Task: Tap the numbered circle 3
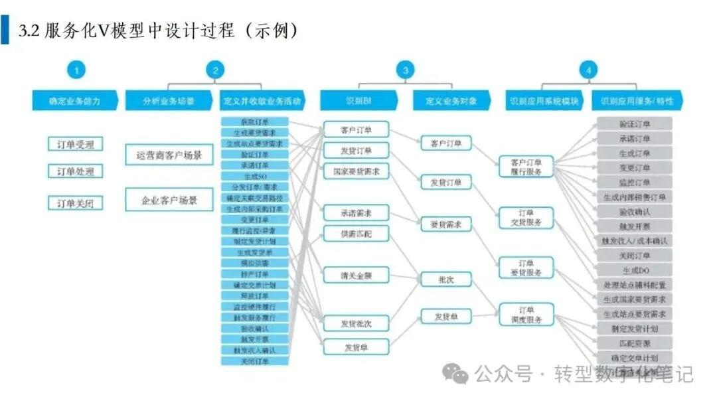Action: (x=404, y=70)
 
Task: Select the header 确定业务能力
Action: (x=75, y=101)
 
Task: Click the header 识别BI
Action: (x=358, y=101)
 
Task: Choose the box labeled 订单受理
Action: (x=76, y=144)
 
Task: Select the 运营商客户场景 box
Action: (x=169, y=155)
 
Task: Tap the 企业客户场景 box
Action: (x=169, y=199)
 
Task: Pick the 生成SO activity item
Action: (x=255, y=176)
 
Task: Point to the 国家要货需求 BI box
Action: (x=356, y=171)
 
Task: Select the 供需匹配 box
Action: (x=356, y=234)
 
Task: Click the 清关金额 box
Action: (x=356, y=274)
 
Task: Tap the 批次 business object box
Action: (x=446, y=280)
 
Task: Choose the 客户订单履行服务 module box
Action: (x=526, y=167)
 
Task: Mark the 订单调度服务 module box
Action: (x=526, y=315)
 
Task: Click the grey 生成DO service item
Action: (x=635, y=270)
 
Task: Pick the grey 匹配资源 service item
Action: (x=635, y=343)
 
